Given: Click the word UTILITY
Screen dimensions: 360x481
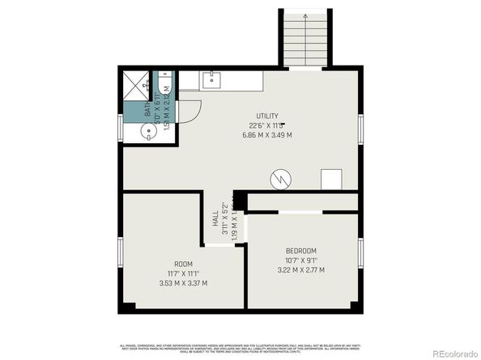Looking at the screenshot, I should (x=267, y=116).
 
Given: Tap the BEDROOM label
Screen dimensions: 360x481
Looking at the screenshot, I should (x=300, y=251).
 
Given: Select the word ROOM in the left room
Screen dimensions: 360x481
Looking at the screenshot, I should (x=184, y=265).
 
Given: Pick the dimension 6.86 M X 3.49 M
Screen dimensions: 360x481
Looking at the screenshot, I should (x=267, y=135).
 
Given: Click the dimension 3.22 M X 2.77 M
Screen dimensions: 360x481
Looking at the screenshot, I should (x=300, y=270).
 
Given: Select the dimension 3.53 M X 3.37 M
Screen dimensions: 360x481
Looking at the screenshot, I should (x=184, y=283).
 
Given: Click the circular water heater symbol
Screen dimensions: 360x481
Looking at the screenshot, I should (x=279, y=177).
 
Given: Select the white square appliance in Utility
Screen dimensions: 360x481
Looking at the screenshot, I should (x=331, y=179).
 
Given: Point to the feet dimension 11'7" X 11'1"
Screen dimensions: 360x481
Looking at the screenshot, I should (x=184, y=274).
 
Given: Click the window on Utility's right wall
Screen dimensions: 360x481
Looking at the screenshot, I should (x=360, y=129).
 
